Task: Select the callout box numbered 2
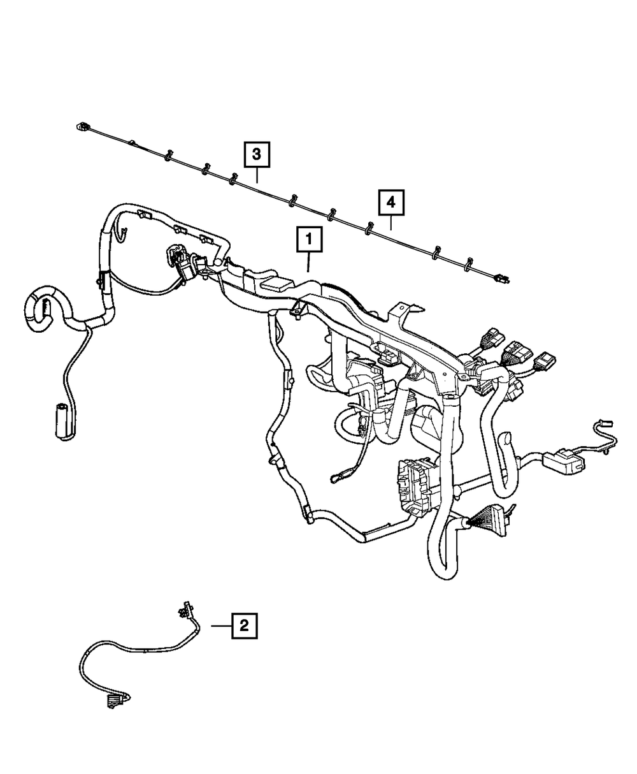[245, 626]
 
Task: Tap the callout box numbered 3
[256, 154]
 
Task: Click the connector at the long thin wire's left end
[81, 126]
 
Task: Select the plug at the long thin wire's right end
[503, 278]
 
